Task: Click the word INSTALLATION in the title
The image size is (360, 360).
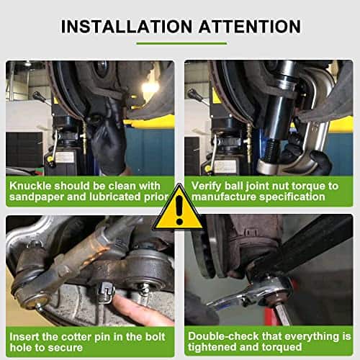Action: tap(123, 27)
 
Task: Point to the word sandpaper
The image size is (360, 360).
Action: tap(35, 199)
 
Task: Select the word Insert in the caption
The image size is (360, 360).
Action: tap(26, 336)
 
